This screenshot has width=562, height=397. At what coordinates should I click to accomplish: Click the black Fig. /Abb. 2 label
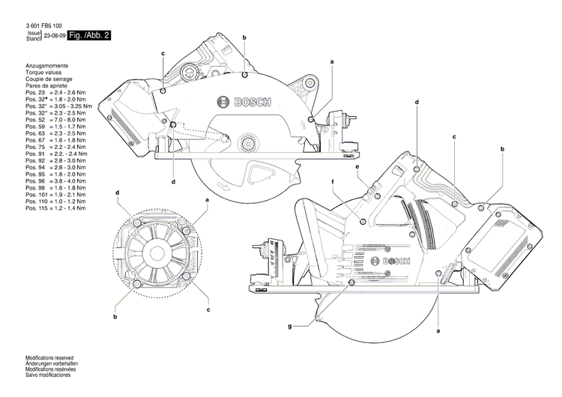click(x=88, y=35)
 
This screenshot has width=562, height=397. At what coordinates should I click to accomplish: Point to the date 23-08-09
click(x=54, y=35)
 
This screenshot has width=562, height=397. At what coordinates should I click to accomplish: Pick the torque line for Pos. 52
click(x=56, y=119)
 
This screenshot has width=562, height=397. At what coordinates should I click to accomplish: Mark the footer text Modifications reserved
click(x=52, y=357)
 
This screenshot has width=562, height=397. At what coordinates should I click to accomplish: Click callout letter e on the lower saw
click(x=357, y=167)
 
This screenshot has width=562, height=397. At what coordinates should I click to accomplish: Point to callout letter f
click(x=332, y=183)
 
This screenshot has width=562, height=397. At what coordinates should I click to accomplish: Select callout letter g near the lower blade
click(x=289, y=327)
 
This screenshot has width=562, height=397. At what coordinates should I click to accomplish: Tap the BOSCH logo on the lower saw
click(x=398, y=260)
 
